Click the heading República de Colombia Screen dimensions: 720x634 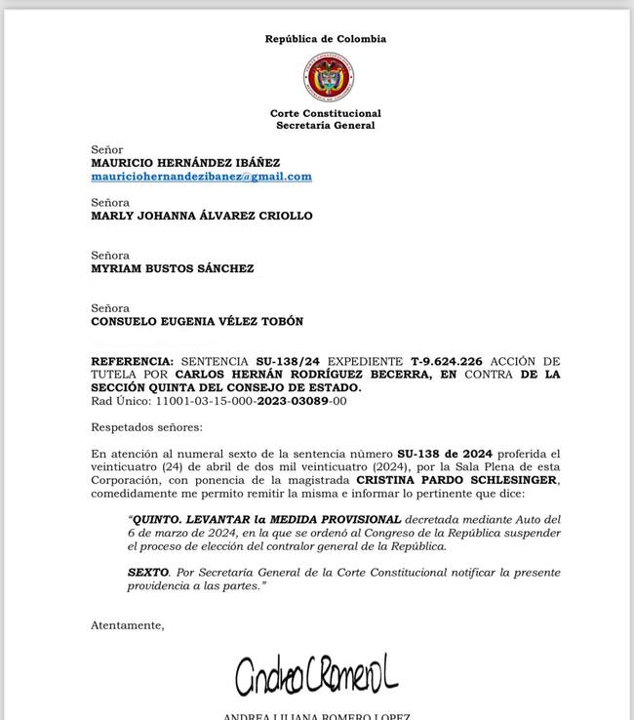(326, 39)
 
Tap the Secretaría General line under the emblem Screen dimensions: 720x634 (326, 126)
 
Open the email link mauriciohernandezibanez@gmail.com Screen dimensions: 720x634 (201, 177)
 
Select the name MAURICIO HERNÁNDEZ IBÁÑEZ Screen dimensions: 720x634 (185, 163)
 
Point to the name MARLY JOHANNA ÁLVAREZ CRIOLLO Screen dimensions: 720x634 (202, 216)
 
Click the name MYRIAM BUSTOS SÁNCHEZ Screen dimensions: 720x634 (173, 268)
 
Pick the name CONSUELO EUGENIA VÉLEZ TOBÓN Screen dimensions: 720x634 (197, 321)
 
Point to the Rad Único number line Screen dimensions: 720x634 (218, 401)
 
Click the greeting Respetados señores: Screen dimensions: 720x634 (147, 427)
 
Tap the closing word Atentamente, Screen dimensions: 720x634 (128, 624)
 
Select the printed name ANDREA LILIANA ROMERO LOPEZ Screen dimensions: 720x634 (316, 716)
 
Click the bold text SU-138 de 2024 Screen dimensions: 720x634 (444, 454)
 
